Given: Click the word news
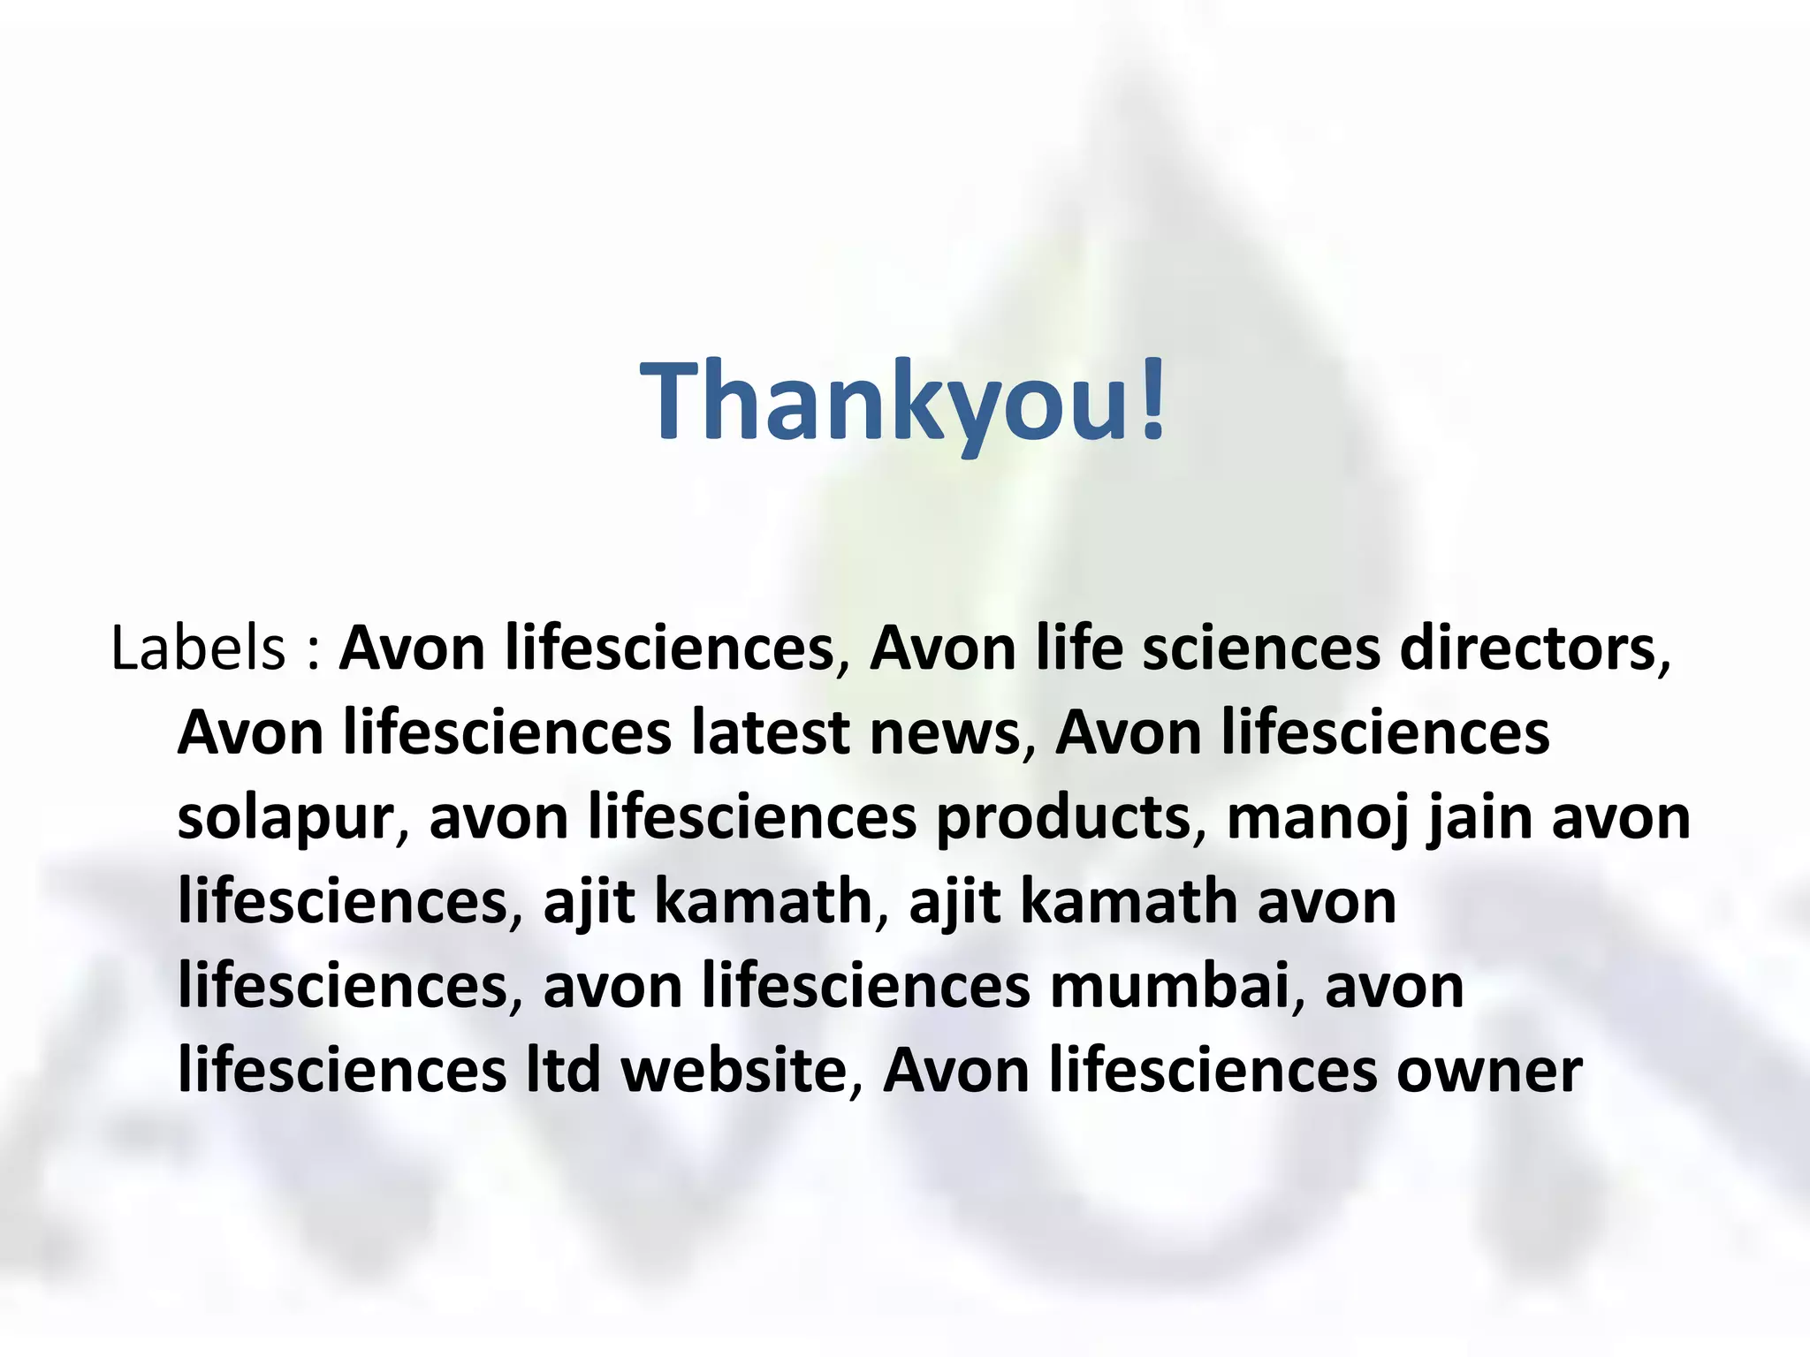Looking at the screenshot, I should coord(945,732).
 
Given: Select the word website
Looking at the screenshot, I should coord(734,1070).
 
